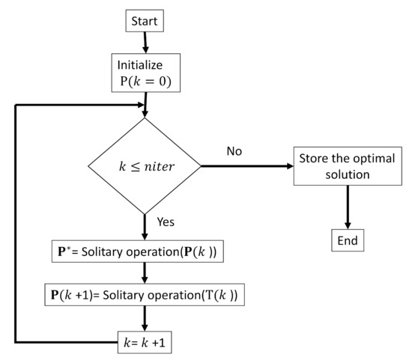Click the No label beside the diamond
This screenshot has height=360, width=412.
pyautogui.click(x=234, y=152)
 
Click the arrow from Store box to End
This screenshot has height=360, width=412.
pyautogui.click(x=347, y=206)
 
